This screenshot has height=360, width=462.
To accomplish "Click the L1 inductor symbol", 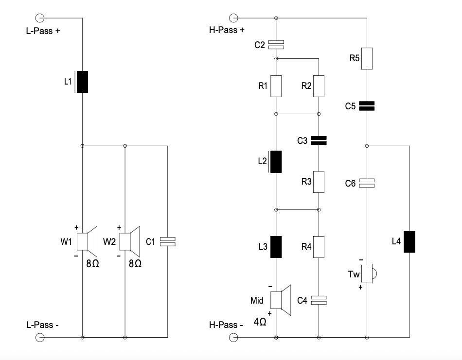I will tap(82, 82).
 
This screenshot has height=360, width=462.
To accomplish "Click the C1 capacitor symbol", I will tap(167, 240).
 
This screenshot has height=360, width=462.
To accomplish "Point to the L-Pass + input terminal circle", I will tap(40, 18).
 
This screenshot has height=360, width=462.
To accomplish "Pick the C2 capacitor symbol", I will tap(276, 45).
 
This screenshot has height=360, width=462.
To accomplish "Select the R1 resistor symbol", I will tap(276, 86).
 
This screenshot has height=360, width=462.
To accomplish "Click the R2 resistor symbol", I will tap(319, 86).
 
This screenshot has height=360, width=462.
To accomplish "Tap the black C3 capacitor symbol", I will tap(319, 141).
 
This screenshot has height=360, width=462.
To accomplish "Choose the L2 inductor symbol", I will tap(276, 162).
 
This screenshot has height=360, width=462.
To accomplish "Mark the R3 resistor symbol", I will tap(319, 182).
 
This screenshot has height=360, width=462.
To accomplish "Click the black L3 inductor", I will tap(276, 246).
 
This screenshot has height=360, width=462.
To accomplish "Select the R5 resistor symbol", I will tap(367, 58).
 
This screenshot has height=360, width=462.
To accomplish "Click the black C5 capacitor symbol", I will tap(367, 106).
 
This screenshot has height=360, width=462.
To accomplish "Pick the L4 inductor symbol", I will tap(409, 242).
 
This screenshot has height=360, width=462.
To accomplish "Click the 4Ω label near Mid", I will tap(260, 321).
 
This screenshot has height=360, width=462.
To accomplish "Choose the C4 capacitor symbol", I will tap(319, 300).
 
